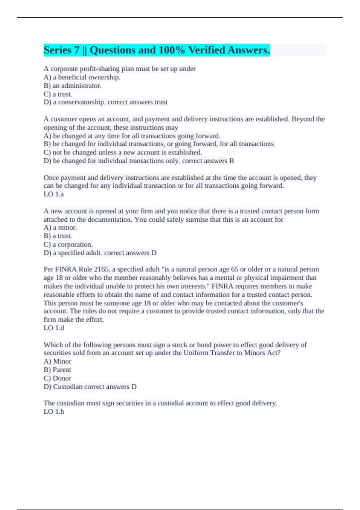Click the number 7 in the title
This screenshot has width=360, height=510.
click(76, 50)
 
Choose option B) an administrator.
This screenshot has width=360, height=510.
click(73, 86)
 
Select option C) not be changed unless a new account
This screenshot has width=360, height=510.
click(123, 152)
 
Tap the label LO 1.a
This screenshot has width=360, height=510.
click(54, 194)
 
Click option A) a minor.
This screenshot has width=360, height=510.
click(60, 228)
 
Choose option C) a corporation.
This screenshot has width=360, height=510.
click(68, 244)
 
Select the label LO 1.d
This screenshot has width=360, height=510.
click(54, 328)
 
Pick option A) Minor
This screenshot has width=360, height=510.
click(58, 361)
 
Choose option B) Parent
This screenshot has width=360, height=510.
click(58, 370)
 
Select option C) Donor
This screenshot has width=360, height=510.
click(58, 378)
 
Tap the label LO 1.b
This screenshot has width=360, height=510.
click(54, 412)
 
